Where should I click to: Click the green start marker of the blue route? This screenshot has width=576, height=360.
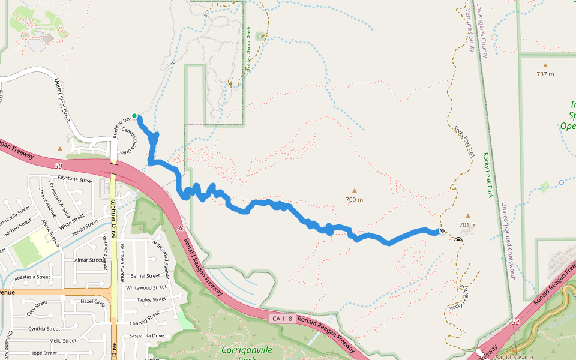pyautogui.click(x=134, y=116)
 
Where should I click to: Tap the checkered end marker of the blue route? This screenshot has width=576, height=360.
pyautogui.click(x=442, y=230)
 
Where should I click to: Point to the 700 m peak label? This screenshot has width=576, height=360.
pyautogui.click(x=354, y=199)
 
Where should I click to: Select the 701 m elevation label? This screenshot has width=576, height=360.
pyautogui.click(x=467, y=225)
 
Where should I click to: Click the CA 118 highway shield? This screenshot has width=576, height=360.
pyautogui.click(x=281, y=318)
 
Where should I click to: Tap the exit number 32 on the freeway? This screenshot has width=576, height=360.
pyautogui.click(x=516, y=322)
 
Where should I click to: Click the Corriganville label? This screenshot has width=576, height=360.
pyautogui.click(x=247, y=350)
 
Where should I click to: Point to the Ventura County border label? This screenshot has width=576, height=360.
pyautogui.click(x=469, y=30)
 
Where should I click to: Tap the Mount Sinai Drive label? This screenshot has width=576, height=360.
pyautogui.click(x=62, y=99)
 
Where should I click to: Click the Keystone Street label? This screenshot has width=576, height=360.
pyautogui.click(x=75, y=179)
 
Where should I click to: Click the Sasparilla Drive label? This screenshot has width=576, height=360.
pyautogui.click(x=141, y=335)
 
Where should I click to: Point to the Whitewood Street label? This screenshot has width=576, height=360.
pyautogui.click(x=146, y=287)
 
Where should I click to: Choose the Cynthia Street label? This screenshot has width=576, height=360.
pyautogui.click(x=44, y=329)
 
